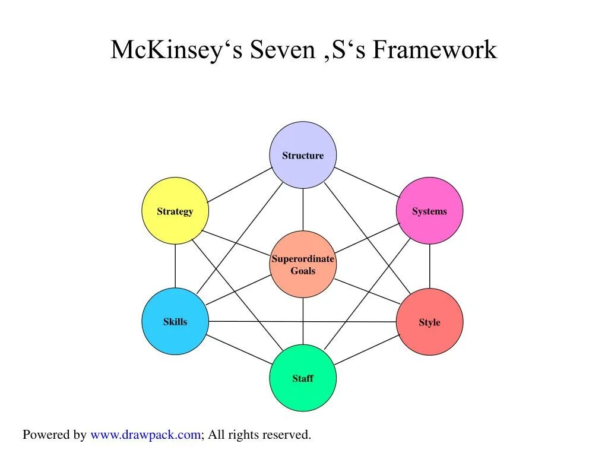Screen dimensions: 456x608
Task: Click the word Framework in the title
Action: [435, 50]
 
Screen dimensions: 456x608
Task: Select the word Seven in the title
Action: [281, 50]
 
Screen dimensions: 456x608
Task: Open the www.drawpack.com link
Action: [145, 435]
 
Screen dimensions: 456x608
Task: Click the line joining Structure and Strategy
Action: [239, 185]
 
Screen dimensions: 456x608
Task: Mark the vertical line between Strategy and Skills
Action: [175, 266]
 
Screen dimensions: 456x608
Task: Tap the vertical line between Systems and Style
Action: [429, 266]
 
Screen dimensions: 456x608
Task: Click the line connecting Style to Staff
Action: [366, 350]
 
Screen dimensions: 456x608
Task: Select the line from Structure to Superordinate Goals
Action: [303, 210]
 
